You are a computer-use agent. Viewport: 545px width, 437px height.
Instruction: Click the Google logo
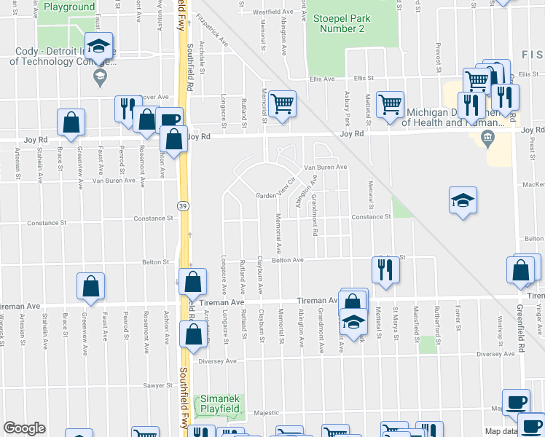(25, 428)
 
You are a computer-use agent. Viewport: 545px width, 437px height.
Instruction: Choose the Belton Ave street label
(287, 260)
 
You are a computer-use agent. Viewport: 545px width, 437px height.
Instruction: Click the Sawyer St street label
(157, 385)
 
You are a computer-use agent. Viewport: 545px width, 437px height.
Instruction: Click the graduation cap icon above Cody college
(98, 46)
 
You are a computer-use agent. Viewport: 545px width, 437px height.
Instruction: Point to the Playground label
(69, 7)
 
